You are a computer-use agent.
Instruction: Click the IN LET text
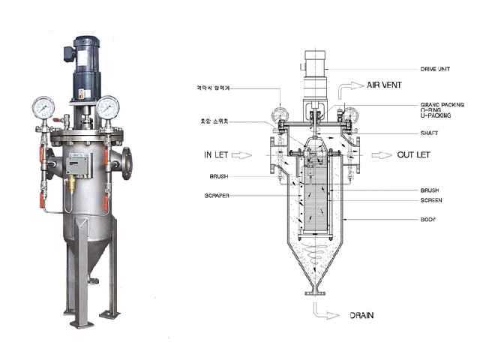[218, 154]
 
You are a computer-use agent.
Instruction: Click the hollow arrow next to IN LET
[247, 155]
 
